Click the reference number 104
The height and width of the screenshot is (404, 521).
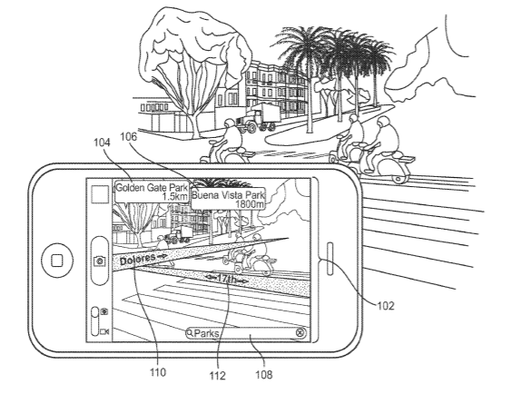pos(102,143)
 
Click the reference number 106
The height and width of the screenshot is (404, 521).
pos(128,136)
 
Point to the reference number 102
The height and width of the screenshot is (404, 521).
pos(386,306)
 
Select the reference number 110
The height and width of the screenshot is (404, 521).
pos(158,372)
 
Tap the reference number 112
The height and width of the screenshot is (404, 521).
pos(218,376)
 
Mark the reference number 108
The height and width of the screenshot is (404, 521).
pos(264,375)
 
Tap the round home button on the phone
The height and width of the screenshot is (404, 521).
pos(57,261)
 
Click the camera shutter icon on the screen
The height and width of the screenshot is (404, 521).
pos(99,261)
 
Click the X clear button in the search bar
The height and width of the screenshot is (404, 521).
pos(300,332)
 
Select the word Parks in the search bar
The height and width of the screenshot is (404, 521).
pos(206,333)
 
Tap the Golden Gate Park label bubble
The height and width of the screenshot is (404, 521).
pos(152,192)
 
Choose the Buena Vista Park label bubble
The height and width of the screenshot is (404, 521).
pos(228,199)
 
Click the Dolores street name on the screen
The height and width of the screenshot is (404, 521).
pos(137,260)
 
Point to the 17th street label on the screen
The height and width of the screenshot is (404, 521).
pos(227,279)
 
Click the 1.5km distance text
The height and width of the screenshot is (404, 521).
pos(175,196)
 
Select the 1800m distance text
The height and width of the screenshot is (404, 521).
pos(250,203)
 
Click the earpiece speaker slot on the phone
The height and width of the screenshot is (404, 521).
pos(330,259)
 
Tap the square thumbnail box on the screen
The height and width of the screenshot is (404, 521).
pos(100,194)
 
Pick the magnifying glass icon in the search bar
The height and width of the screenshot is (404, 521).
pos(190,332)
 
